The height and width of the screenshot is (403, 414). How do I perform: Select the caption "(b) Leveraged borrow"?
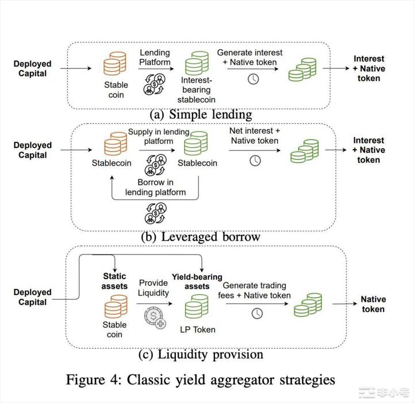[x=200, y=237]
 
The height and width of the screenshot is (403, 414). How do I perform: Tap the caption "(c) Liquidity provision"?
[x=201, y=354]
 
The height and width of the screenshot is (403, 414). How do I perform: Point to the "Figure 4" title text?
[x=200, y=379]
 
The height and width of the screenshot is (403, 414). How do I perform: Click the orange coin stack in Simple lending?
[x=115, y=63]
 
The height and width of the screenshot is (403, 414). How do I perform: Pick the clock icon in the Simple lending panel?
[x=253, y=79]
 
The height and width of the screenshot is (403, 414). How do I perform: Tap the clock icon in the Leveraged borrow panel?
[x=255, y=160]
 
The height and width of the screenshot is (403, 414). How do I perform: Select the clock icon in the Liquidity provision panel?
[x=256, y=313]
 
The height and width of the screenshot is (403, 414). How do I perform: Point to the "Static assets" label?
[x=114, y=281]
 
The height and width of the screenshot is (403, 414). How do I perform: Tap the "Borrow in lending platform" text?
[x=155, y=187]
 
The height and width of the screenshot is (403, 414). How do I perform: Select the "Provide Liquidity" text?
[x=154, y=288]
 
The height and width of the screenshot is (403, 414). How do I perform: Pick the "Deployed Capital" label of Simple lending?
[x=32, y=69]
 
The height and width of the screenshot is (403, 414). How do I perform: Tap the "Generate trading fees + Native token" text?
[x=254, y=290]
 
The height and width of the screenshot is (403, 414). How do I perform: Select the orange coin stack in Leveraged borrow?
[x=116, y=144]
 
